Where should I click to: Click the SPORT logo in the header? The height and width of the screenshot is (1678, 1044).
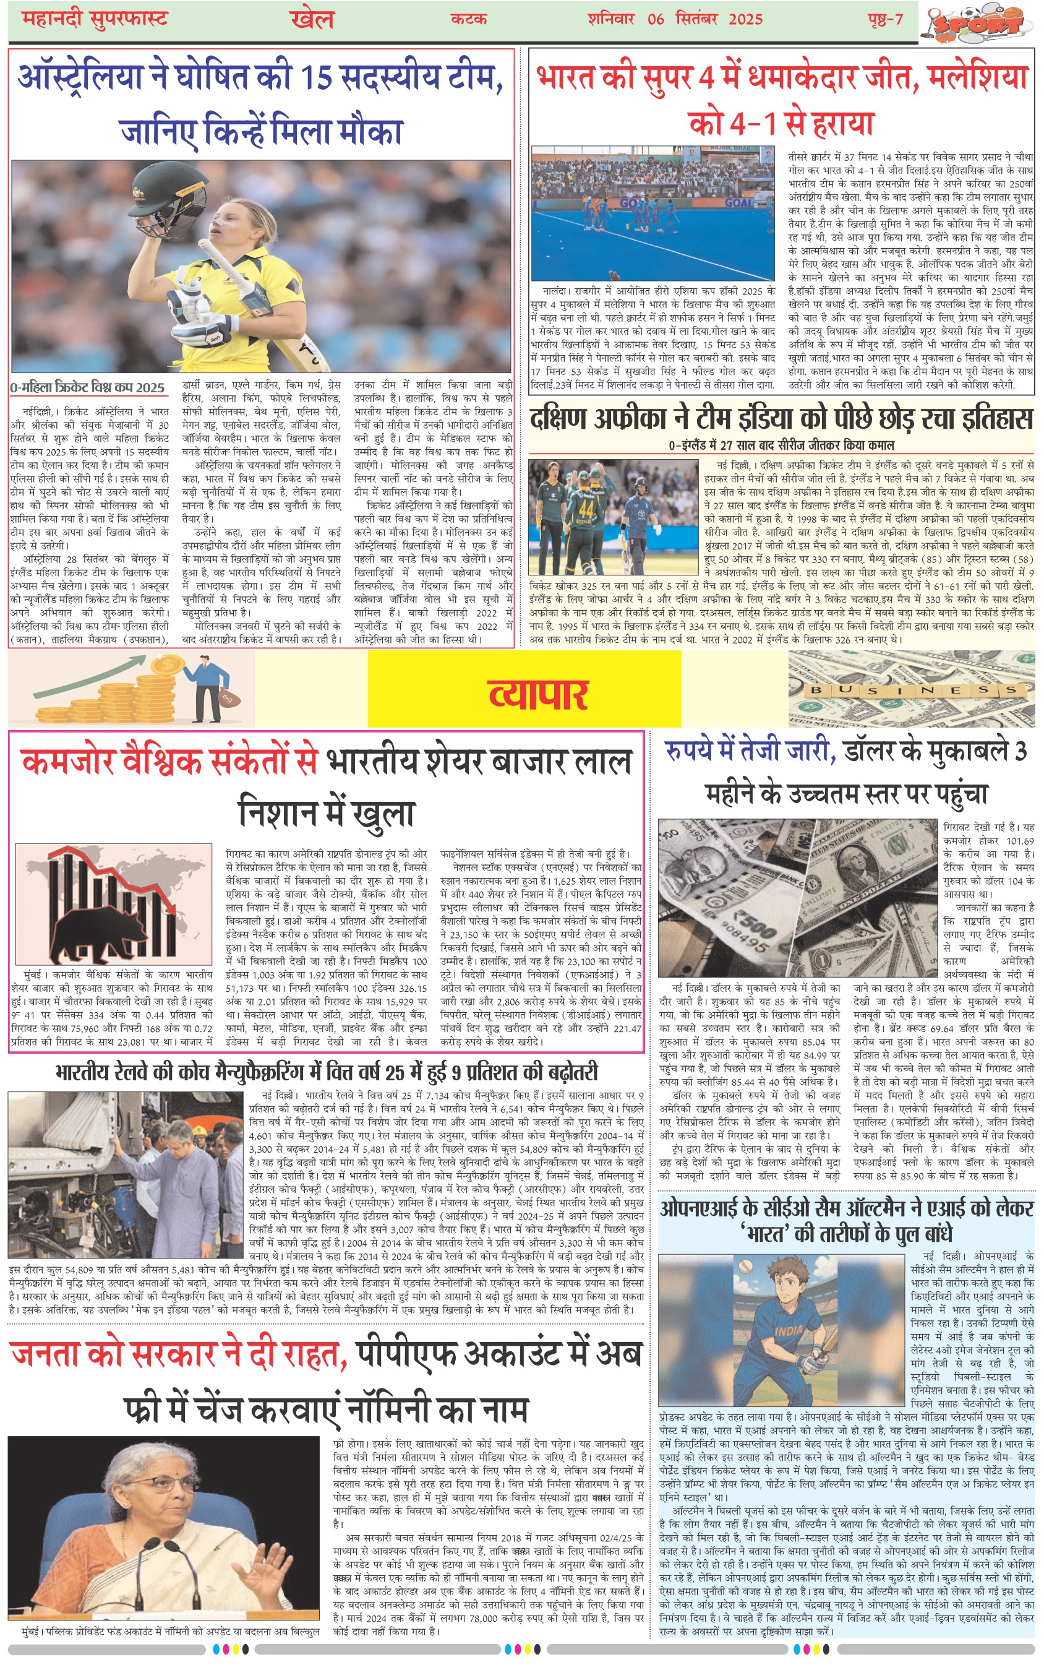pos(980,23)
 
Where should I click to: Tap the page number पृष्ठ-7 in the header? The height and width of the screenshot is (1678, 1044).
pos(884,19)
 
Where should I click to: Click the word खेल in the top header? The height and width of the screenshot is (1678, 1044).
pos(312,19)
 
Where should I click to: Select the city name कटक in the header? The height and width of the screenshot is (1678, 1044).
pos(469,19)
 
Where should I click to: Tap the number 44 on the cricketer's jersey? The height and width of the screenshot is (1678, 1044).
pos(586,510)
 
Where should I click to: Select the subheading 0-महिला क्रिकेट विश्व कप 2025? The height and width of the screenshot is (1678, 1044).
pos(88,387)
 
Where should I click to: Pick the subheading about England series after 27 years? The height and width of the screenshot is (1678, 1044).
pos(781,445)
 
